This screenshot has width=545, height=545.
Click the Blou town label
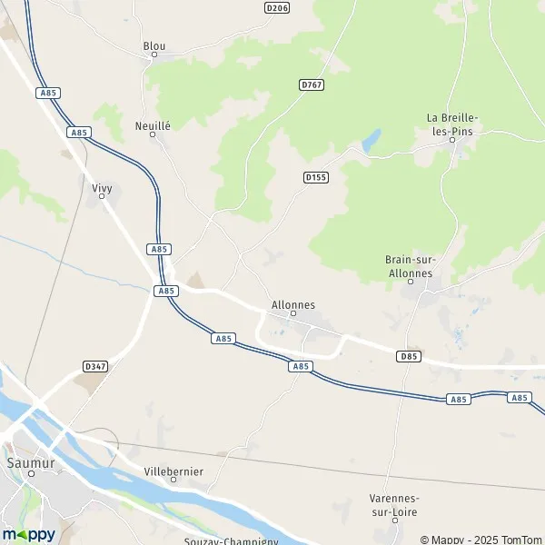coord(154,45)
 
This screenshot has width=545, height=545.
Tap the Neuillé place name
coord(152,126)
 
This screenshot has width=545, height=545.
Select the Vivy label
coord(102,188)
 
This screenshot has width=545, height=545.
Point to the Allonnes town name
coord(293,305)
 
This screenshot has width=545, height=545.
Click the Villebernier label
coord(173,472)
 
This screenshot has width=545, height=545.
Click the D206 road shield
coord(278,7)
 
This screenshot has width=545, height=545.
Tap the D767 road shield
coord(312,84)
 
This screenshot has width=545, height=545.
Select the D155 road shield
coord(315,178)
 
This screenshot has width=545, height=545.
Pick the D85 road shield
coord(409,357)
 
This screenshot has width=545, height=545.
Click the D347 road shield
coord(94,367)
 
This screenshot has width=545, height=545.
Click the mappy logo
coord(28,534)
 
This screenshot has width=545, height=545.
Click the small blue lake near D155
coord(371,142)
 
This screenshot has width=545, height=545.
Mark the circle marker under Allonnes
coord(293,315)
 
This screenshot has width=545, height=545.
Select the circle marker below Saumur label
coord(31,473)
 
